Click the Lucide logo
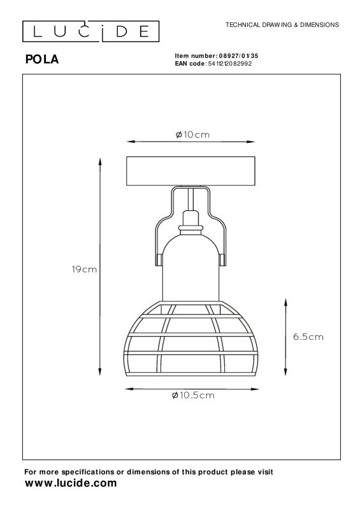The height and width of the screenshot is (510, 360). [x=90, y=31]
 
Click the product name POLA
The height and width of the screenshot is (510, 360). [x=42, y=59]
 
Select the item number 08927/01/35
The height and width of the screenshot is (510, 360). [x=238, y=56]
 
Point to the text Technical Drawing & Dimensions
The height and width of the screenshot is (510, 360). [x=282, y=25]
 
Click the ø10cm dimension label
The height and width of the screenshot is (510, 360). [x=192, y=135]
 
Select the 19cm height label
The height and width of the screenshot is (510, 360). [x=84, y=269]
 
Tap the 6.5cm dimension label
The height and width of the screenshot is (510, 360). [x=308, y=337]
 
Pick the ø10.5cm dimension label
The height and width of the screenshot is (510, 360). [x=193, y=395]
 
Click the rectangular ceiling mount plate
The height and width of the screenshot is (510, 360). [x=191, y=171]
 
